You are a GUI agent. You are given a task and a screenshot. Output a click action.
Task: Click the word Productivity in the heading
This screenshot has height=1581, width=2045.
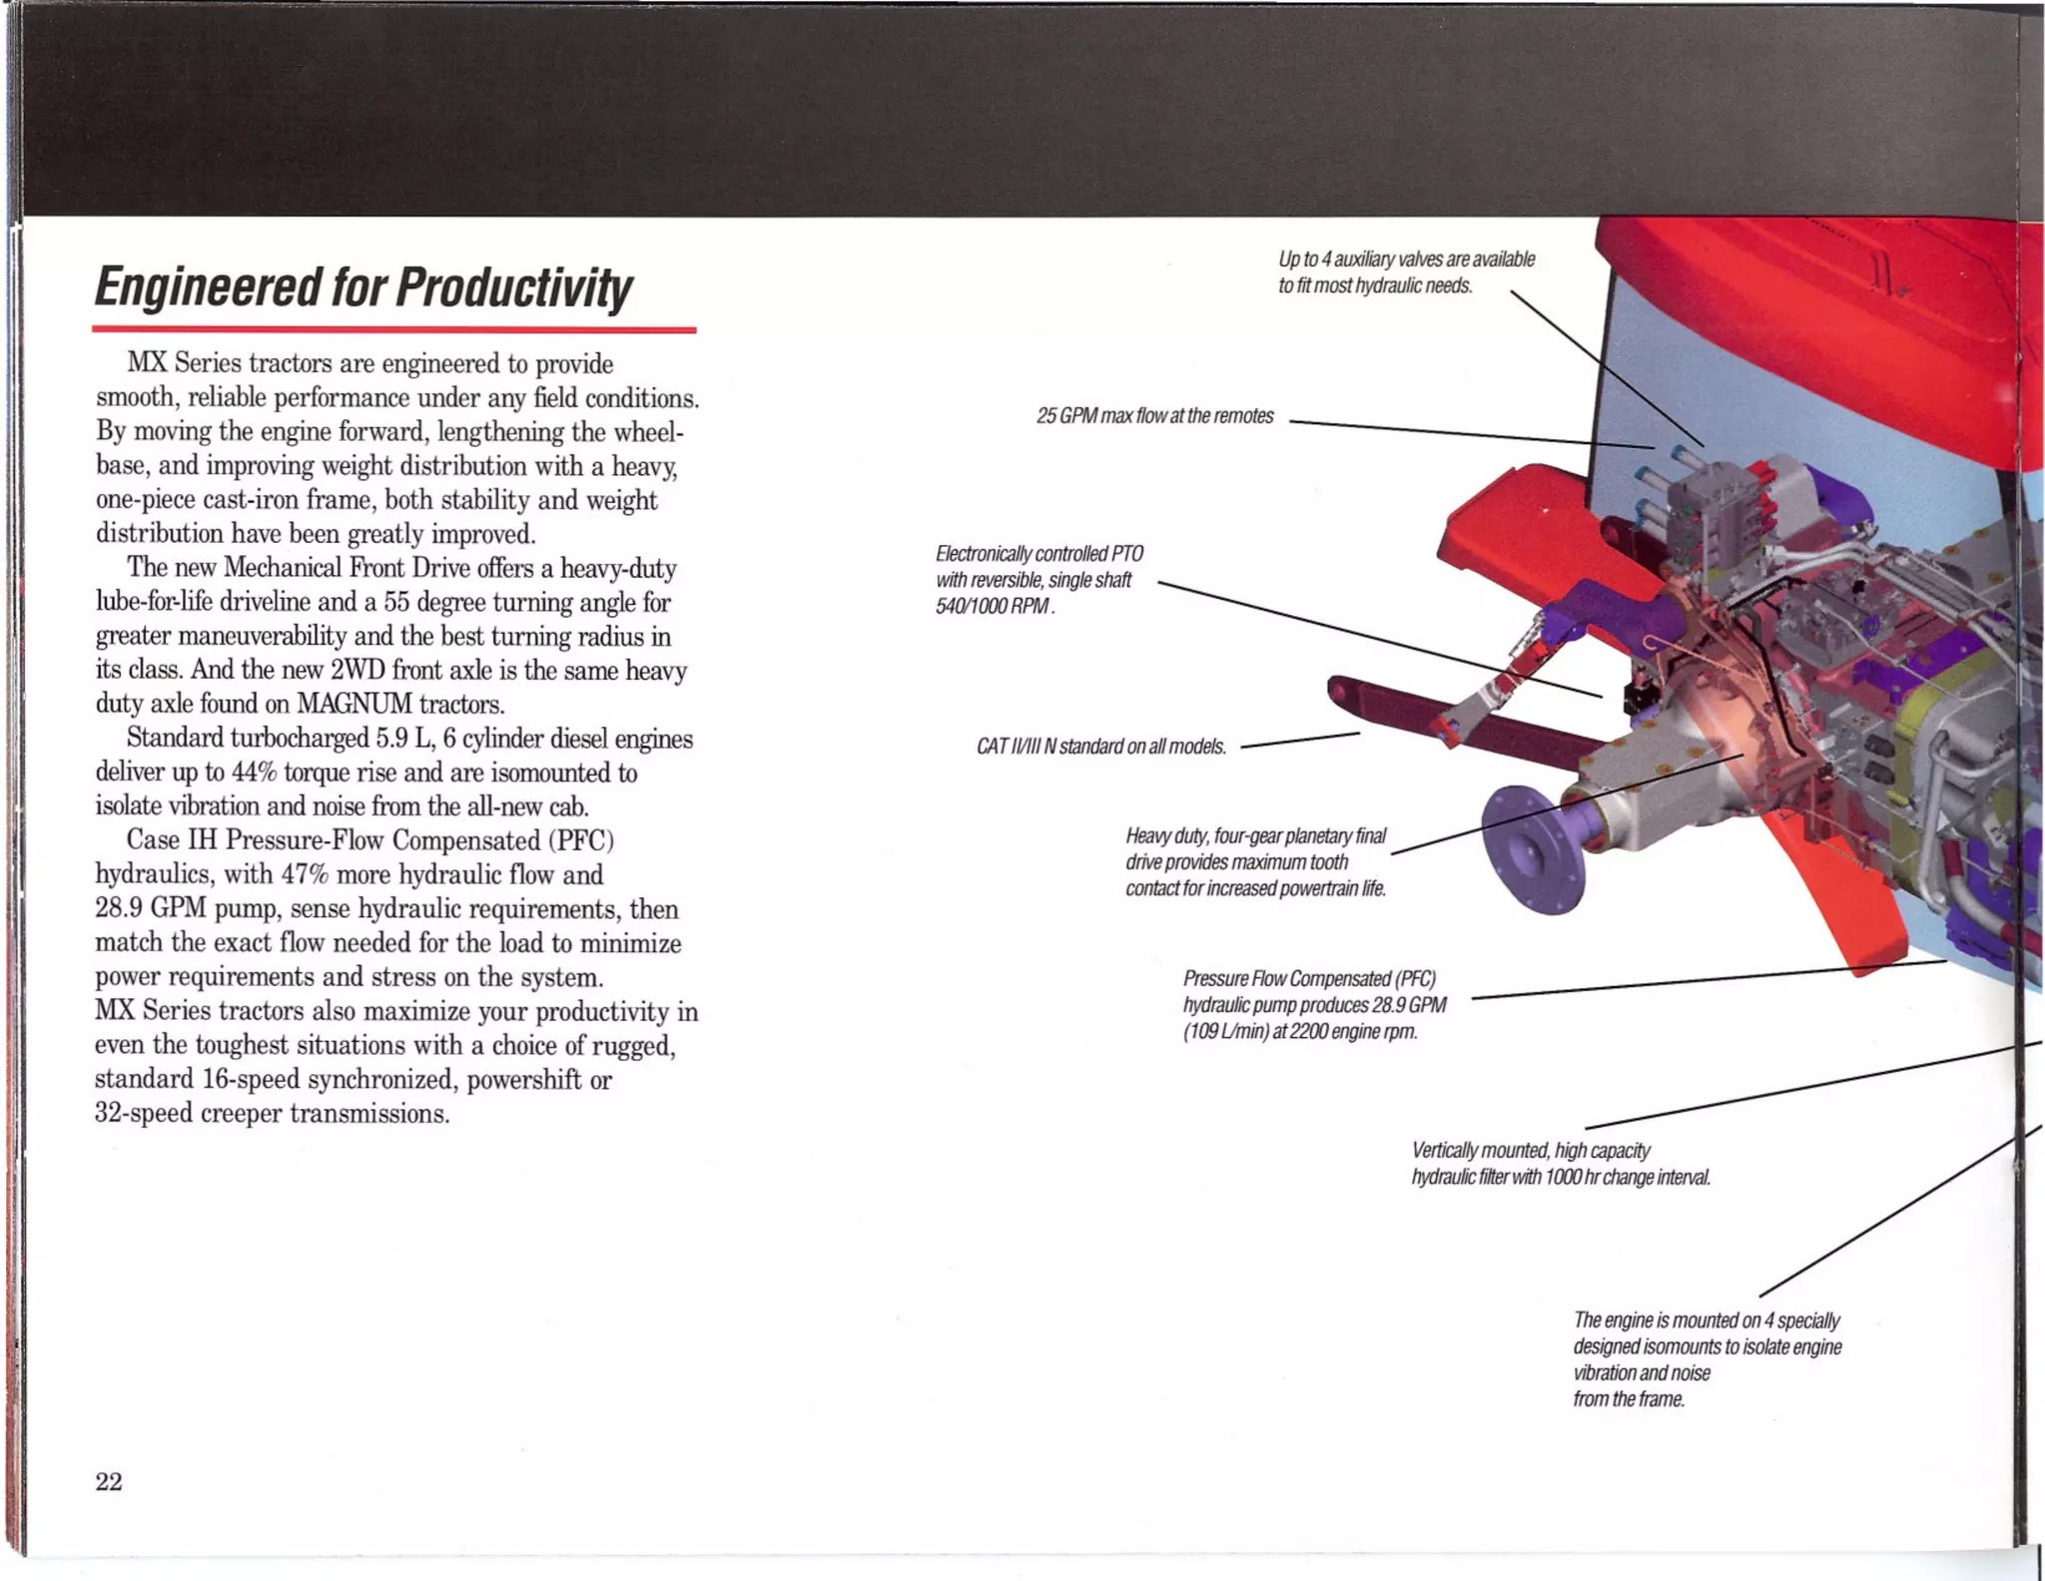(x=513, y=288)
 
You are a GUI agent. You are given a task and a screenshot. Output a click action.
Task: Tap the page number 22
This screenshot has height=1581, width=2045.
(x=109, y=1482)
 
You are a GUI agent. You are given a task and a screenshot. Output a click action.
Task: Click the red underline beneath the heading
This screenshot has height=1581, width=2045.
(x=393, y=328)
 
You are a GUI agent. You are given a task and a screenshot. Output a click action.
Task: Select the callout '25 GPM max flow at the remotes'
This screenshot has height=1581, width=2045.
(x=1154, y=416)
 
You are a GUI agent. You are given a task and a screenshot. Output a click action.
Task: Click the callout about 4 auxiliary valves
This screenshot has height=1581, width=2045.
(x=1405, y=272)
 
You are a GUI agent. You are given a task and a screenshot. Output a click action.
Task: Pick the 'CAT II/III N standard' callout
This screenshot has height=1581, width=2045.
(x=1100, y=748)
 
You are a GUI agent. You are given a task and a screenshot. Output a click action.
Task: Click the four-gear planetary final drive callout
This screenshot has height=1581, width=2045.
(x=1255, y=862)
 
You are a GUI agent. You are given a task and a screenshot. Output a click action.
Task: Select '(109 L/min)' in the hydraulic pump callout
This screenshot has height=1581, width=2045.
(x=1225, y=1032)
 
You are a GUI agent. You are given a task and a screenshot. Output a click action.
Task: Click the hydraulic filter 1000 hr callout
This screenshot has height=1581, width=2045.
(x=1560, y=1165)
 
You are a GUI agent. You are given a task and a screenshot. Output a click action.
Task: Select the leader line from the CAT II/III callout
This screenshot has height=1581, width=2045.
(x=1298, y=741)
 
